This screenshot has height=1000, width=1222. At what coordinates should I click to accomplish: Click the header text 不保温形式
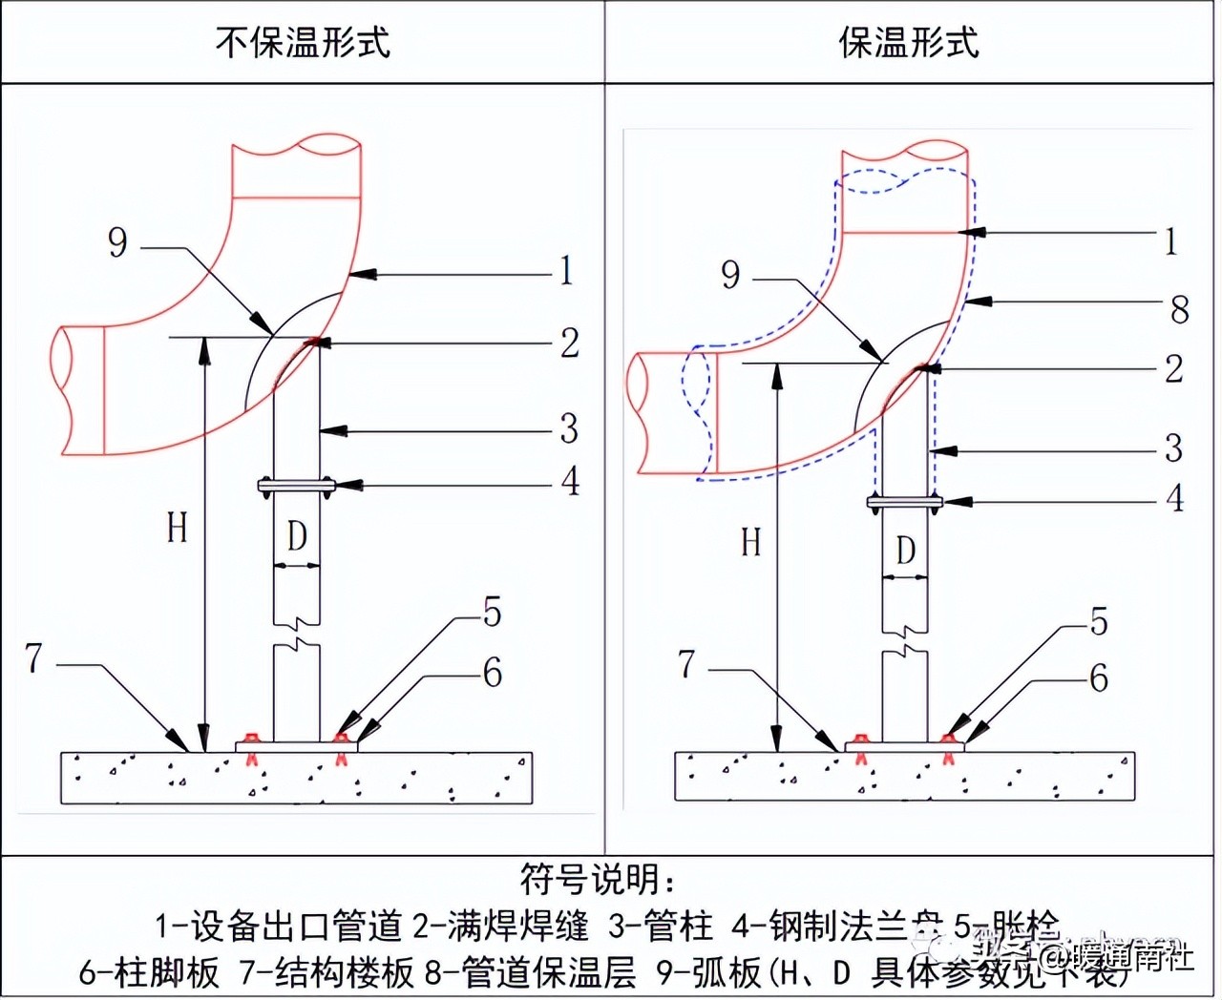pos(303,43)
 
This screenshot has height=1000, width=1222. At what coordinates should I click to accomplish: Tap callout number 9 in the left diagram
pos(117,242)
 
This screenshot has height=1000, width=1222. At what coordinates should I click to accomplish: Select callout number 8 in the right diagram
pos(1180,309)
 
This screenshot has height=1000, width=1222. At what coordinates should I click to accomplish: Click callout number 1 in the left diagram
pos(566,271)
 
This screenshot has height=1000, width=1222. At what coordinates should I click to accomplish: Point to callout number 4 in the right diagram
pos(1175,498)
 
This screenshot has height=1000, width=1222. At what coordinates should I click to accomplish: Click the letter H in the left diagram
pos(178,528)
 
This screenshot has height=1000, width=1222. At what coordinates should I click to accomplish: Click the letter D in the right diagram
pos(905,551)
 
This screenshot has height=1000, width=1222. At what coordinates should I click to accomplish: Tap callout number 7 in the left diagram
pos(34,658)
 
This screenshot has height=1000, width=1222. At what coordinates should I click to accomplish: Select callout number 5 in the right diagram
pos(1099,622)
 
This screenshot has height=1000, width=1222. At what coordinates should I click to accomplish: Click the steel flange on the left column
pos(296,486)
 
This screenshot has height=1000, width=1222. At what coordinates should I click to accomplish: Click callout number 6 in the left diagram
pos(493,674)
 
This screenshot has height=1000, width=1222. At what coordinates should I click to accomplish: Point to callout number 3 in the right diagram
pos(1174,448)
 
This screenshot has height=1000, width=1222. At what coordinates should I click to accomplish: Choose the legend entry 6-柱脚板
pos(149,972)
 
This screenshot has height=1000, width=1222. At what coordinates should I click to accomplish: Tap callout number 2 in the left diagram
pos(569,344)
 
